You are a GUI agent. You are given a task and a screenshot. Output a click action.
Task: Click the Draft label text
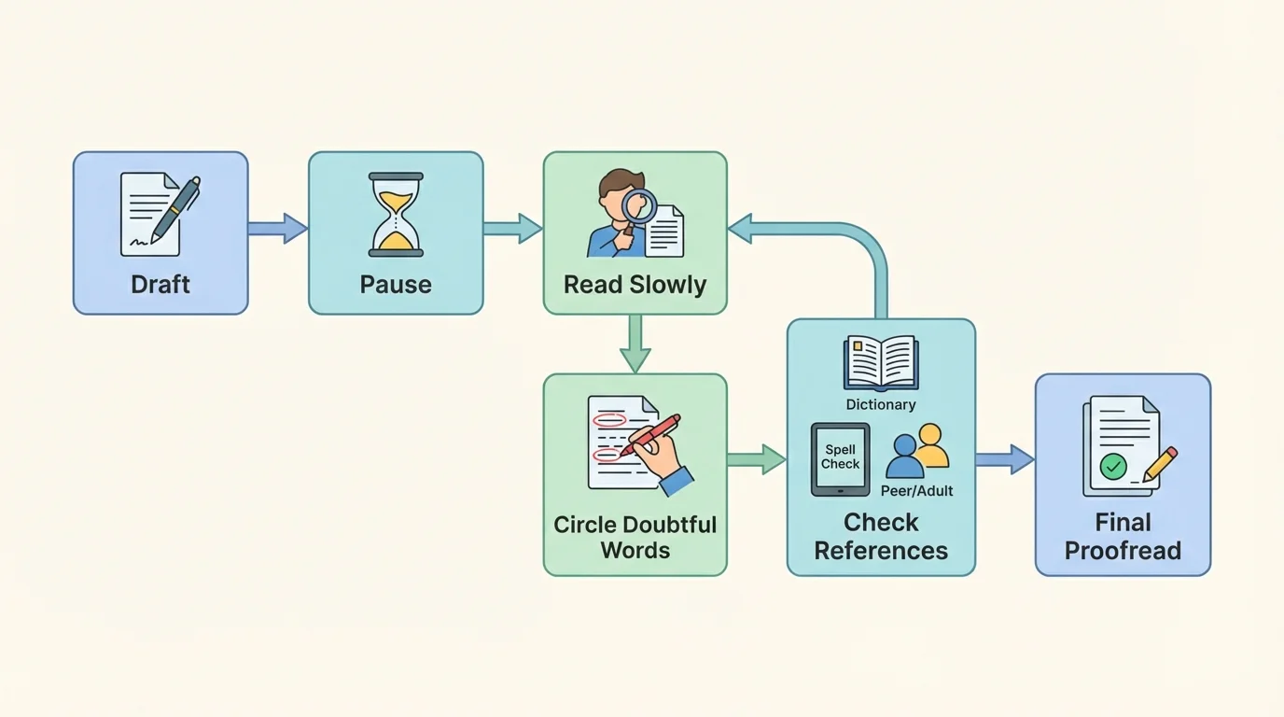coord(160,285)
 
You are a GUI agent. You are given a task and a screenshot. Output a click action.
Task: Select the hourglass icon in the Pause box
coord(396,214)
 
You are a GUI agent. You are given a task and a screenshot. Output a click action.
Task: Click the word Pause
coord(396,285)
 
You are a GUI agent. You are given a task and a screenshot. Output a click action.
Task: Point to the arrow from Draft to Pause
coord(278,229)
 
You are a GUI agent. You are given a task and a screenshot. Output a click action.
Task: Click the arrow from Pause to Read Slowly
coord(513,229)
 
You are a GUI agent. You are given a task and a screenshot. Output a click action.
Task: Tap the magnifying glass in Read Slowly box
coord(640,206)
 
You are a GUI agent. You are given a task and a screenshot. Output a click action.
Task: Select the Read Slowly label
coord(635,285)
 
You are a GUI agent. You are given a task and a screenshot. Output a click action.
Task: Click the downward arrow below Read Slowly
coord(635,344)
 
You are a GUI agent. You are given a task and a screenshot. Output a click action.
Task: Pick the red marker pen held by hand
coord(653,435)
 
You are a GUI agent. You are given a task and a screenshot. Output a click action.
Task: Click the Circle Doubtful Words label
coord(635,537)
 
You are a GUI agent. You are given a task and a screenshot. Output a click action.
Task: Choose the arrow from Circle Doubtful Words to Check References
coord(756,459)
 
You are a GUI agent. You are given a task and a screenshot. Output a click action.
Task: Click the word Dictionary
coord(881,404)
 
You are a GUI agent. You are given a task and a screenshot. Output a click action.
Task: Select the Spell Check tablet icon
coord(840,458)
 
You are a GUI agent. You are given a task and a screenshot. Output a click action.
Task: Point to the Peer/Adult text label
coord(916,490)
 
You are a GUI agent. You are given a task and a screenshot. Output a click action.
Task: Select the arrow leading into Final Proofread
coord(1005,459)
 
